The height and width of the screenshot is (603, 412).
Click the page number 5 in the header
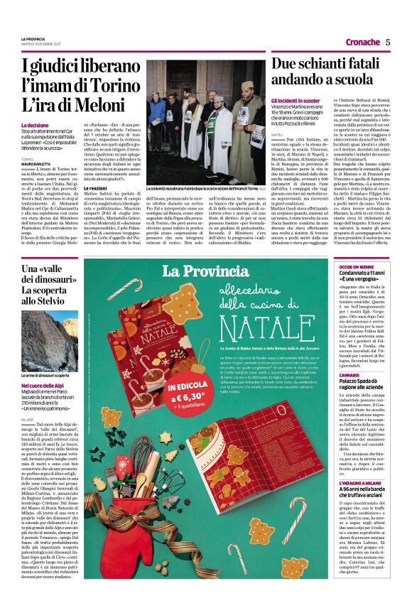point(388,42)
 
